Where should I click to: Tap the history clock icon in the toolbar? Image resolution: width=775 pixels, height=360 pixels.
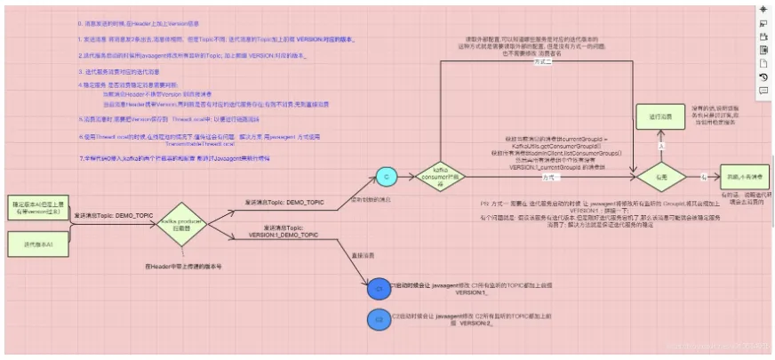click(763, 77)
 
